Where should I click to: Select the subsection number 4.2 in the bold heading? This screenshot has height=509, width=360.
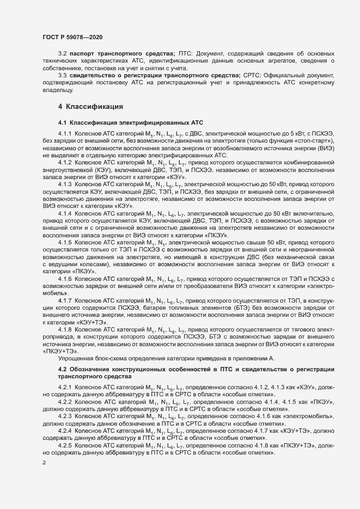point(62,370)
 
